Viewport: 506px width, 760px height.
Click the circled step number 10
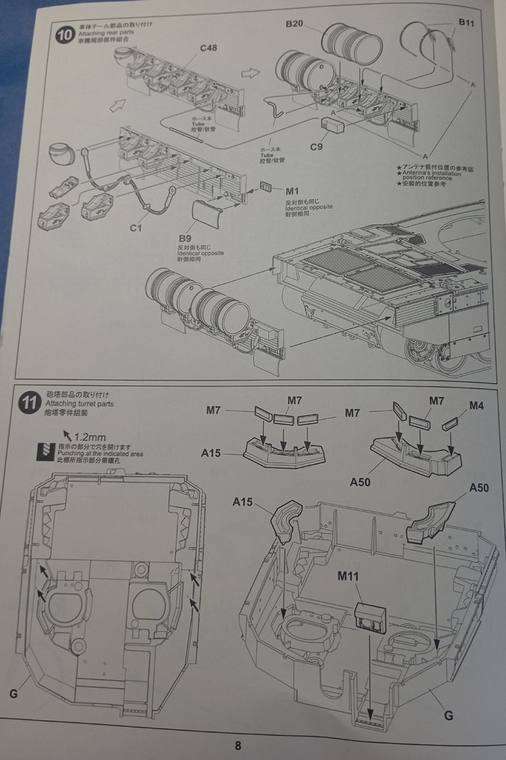[x=65, y=35]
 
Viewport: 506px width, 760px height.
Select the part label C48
[x=209, y=49]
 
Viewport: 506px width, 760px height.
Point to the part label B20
[x=294, y=23]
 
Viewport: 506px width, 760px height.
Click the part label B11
[x=466, y=23]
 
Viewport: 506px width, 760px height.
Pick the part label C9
[x=316, y=147]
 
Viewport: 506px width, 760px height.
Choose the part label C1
[x=135, y=228]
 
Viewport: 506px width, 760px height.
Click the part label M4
[x=476, y=404]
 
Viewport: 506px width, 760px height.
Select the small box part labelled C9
[x=335, y=126]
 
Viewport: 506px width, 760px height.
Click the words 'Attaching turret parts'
[x=79, y=404]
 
